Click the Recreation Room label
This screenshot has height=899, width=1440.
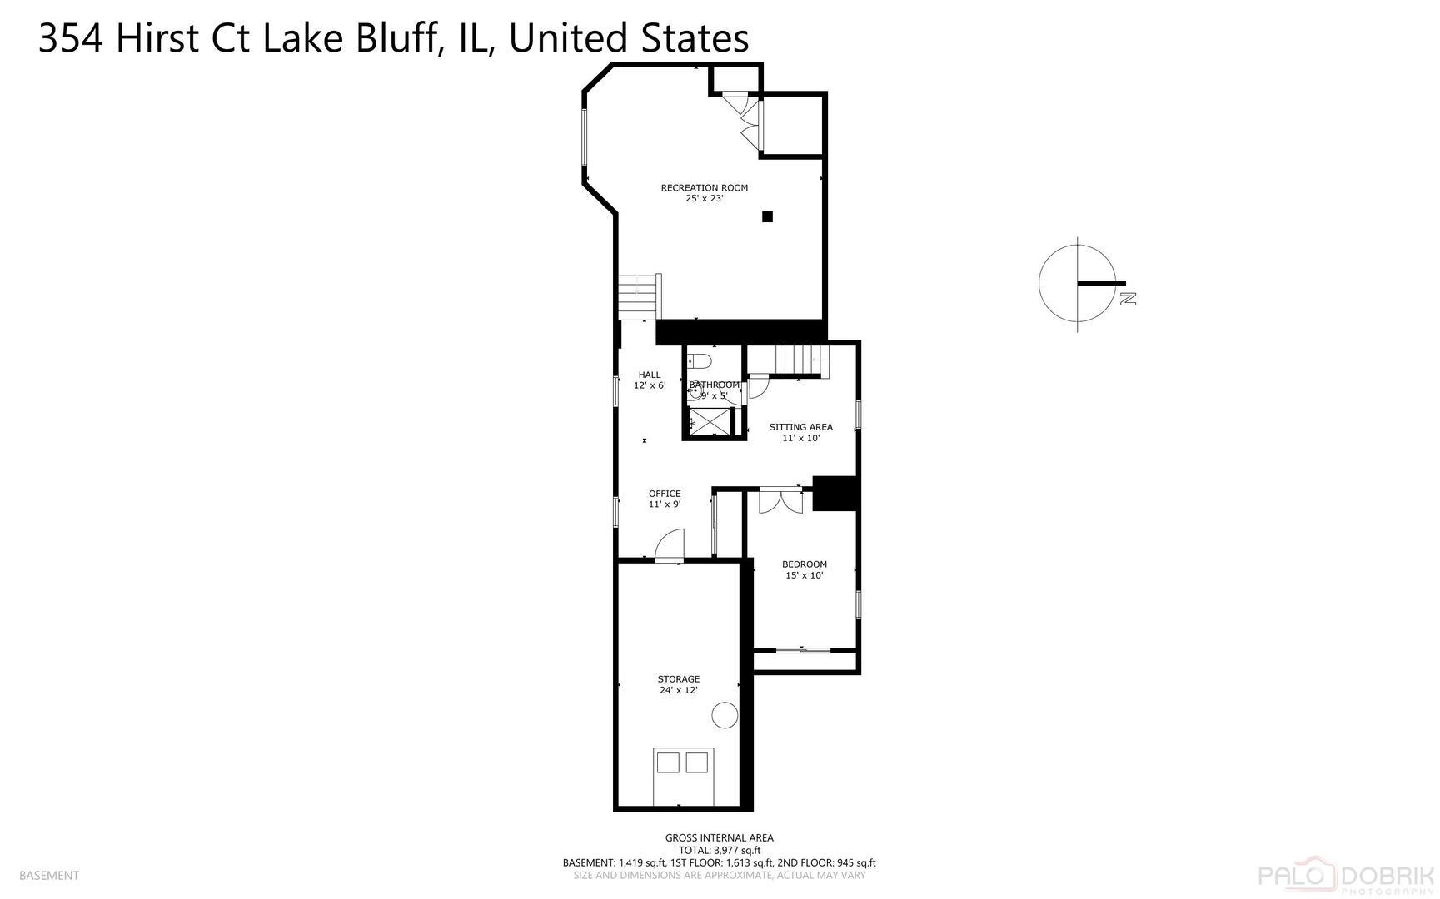[x=704, y=187]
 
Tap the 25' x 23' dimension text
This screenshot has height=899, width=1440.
[x=704, y=199]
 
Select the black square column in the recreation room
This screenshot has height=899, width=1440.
[x=767, y=216]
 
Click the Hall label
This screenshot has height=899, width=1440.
[x=649, y=375]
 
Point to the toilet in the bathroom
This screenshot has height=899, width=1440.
[x=700, y=361]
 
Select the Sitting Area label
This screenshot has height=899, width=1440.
[x=800, y=427]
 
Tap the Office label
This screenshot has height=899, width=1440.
[x=665, y=494]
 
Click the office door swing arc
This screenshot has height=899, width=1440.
[x=669, y=545]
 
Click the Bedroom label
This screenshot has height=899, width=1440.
[x=804, y=564]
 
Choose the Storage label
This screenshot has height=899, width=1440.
[x=678, y=679]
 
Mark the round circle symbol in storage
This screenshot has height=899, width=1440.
[x=725, y=715]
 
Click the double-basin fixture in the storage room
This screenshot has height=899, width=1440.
[x=683, y=762]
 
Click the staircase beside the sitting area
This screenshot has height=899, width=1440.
[x=800, y=361]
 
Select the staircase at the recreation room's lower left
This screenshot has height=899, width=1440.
[x=639, y=296]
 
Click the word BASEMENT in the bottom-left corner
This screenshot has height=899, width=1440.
[x=49, y=875]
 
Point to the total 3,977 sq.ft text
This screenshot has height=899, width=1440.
[x=719, y=851]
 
